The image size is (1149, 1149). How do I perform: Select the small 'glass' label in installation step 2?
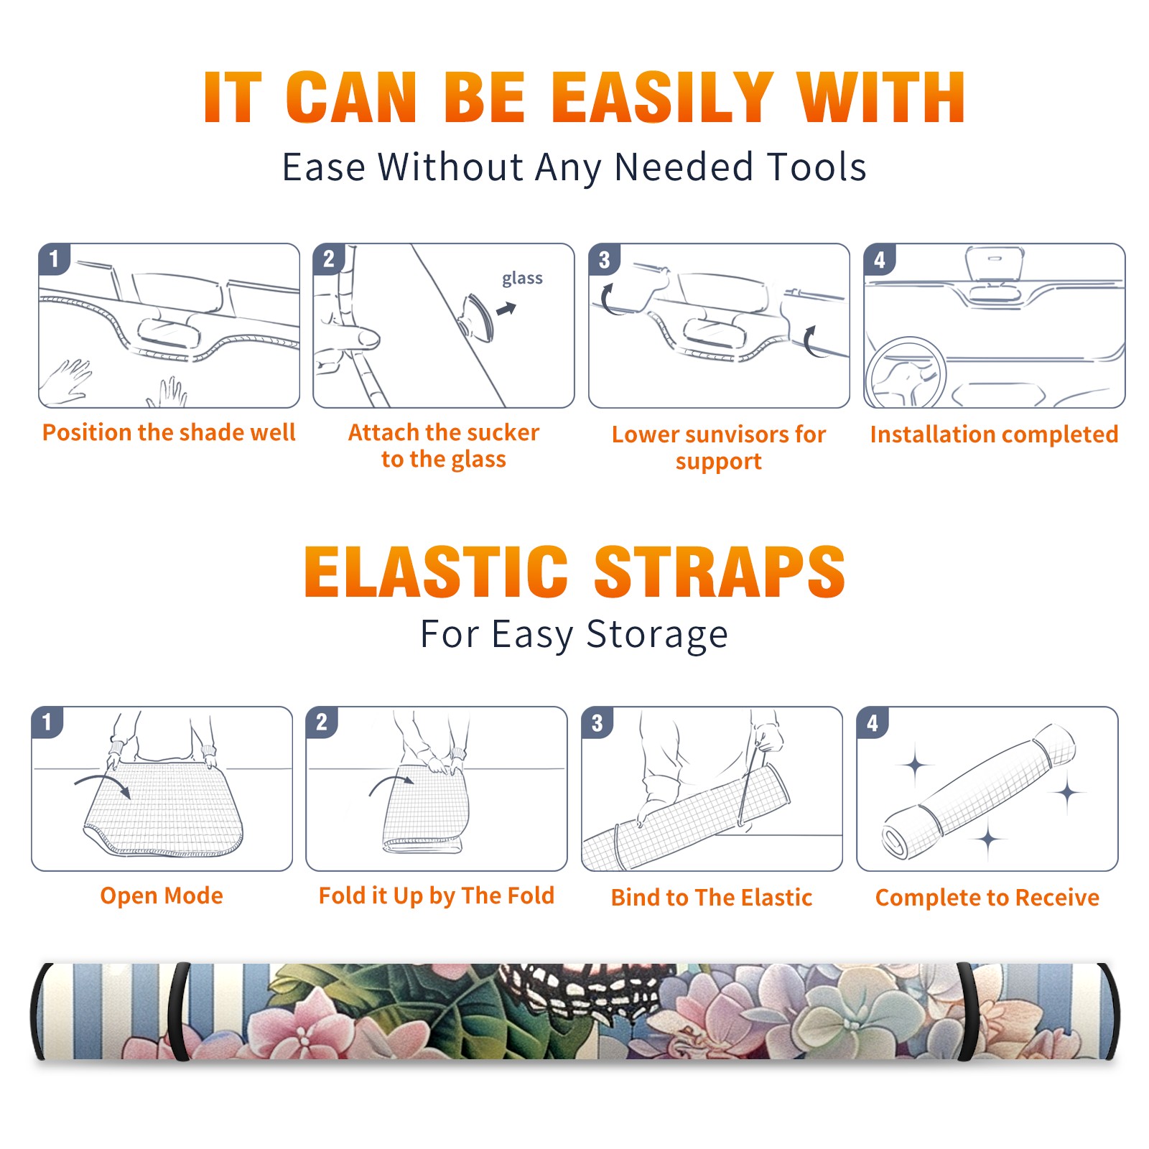click(522, 279)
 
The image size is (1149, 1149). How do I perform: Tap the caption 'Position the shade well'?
click(169, 432)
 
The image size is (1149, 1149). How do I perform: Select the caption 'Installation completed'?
click(994, 434)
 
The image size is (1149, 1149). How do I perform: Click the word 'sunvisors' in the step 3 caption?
click(735, 434)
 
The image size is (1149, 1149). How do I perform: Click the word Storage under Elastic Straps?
click(657, 635)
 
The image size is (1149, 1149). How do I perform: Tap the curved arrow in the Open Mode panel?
click(103, 784)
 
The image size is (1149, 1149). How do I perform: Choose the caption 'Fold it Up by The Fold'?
click(437, 896)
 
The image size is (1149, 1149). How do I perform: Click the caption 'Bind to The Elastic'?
click(712, 897)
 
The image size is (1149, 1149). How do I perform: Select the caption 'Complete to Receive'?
click(987, 897)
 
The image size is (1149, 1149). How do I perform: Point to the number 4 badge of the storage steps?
click(873, 723)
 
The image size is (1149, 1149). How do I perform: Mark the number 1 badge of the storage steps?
click(47, 722)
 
